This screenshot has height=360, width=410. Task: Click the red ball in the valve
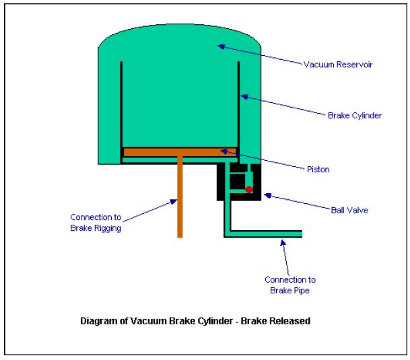(x=249, y=190)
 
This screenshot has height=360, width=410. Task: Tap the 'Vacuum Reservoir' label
(x=338, y=65)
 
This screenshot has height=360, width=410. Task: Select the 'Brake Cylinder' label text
(x=355, y=115)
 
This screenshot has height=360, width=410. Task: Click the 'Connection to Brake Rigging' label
(x=97, y=222)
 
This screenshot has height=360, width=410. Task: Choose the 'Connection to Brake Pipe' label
(x=290, y=285)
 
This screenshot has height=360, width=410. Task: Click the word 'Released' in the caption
(x=289, y=321)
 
